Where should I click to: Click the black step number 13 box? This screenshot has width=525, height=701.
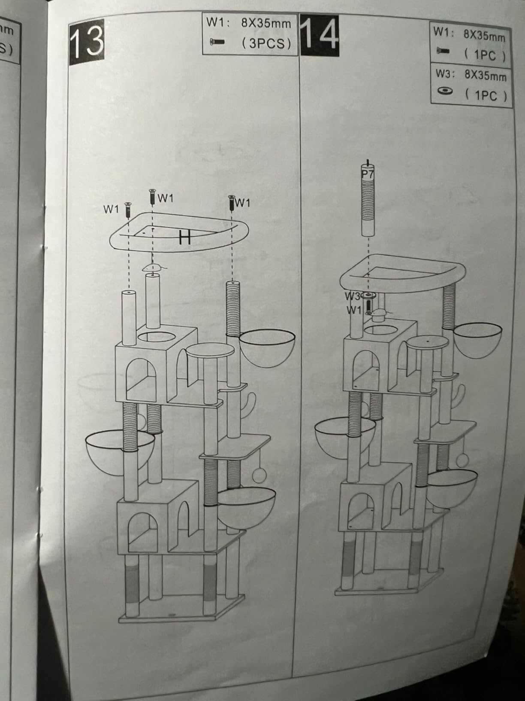(x=87, y=42)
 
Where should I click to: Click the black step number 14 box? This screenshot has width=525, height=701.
(x=319, y=35)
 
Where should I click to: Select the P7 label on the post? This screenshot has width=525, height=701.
(x=368, y=174)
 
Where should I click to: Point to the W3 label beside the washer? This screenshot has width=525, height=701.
(x=352, y=296)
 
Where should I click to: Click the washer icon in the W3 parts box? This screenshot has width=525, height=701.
(x=445, y=91)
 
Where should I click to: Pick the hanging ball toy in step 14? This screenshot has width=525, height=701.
(x=462, y=460)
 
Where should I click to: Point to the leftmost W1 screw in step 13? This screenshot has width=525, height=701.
(x=128, y=210)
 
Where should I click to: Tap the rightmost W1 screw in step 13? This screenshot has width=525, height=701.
(x=232, y=203)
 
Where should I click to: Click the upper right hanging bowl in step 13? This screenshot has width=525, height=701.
(x=267, y=348)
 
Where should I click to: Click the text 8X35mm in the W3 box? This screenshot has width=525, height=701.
(x=485, y=76)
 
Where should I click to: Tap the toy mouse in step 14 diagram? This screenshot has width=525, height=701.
(x=378, y=314)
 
